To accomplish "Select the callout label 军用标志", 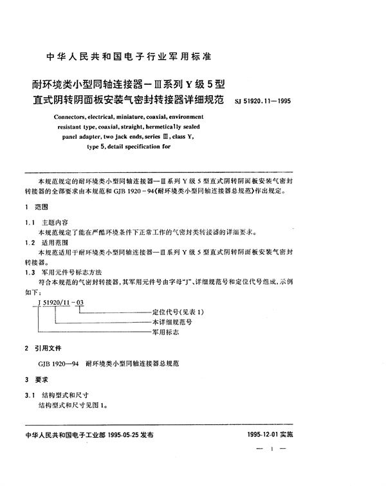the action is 165,331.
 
